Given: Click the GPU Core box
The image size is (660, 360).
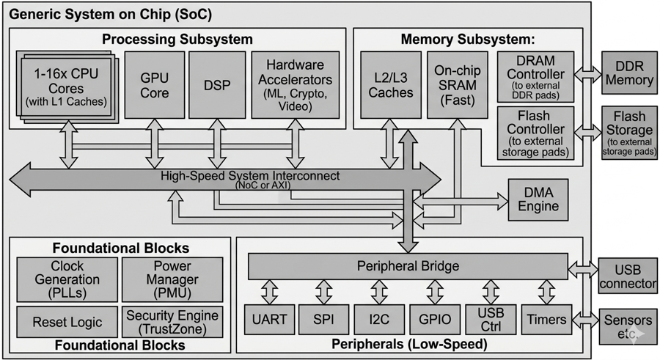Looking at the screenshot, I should click(x=155, y=84).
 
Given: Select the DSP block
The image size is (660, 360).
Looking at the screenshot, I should click(x=216, y=84).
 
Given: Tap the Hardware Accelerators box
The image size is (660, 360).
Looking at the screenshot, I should click(x=296, y=84).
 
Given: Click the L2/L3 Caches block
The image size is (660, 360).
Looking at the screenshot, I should click(x=390, y=84).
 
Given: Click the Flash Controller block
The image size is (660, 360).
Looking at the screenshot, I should click(x=535, y=133).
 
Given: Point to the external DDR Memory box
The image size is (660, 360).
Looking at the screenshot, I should click(x=629, y=72).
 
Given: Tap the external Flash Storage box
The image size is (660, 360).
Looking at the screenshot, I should click(x=629, y=133).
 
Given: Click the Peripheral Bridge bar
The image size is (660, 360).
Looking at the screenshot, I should click(x=408, y=265).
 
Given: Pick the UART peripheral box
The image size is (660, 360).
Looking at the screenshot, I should click(x=269, y=320).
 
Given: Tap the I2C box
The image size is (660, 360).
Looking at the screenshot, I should click(x=378, y=320).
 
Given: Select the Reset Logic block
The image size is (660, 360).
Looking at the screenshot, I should click(x=67, y=322).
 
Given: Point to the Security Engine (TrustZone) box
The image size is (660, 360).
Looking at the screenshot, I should click(x=173, y=322).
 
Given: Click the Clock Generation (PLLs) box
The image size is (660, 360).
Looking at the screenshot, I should click(x=67, y=279).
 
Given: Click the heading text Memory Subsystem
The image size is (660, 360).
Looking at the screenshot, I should click(x=468, y=39).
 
